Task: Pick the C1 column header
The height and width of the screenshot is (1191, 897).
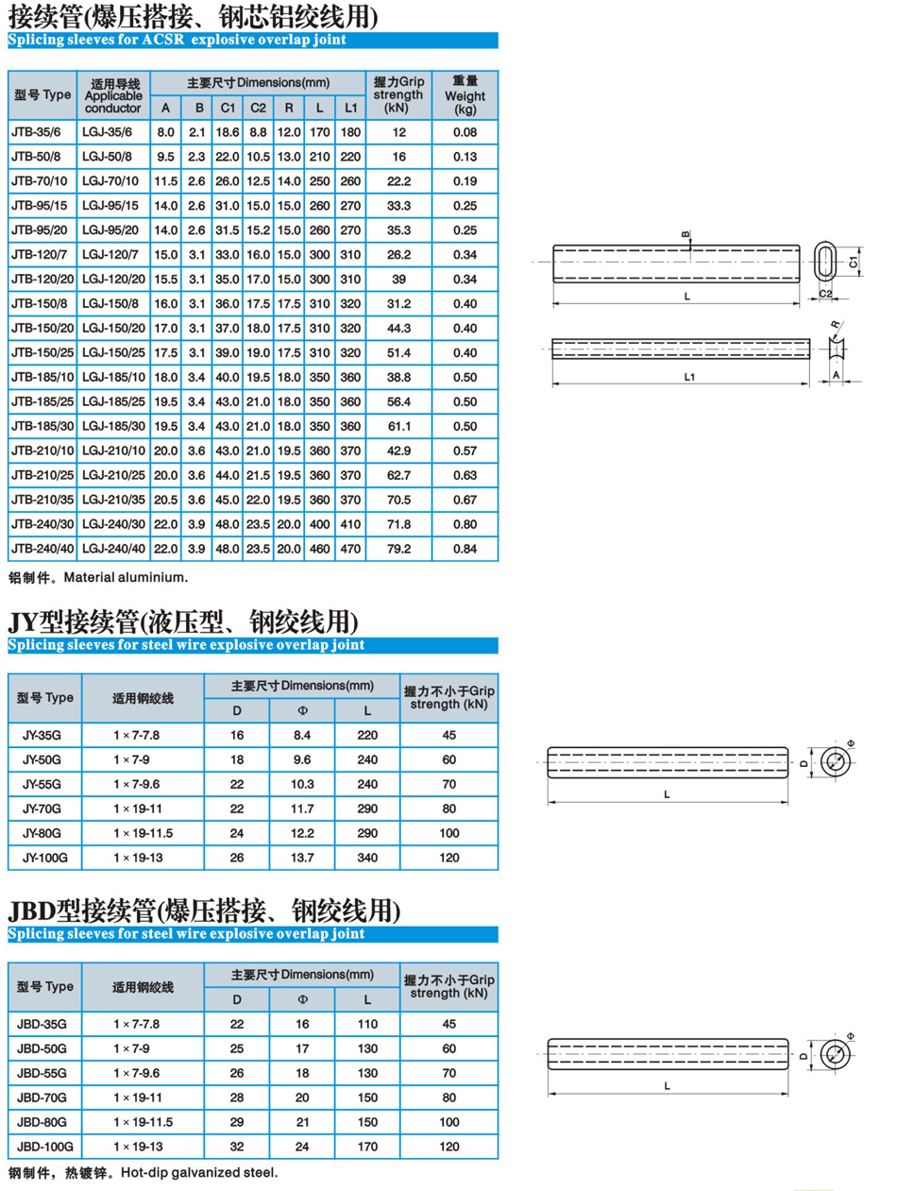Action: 227,107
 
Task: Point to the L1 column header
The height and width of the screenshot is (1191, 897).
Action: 350,107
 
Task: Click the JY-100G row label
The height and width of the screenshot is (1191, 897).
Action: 45,858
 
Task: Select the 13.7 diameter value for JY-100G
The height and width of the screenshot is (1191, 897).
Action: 303,858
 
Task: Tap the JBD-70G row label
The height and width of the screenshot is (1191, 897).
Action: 45,1097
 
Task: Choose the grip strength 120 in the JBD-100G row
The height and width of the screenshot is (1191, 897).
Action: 449,1147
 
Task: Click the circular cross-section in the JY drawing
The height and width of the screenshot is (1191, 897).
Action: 834,761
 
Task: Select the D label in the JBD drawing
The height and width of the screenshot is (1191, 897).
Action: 804,1052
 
